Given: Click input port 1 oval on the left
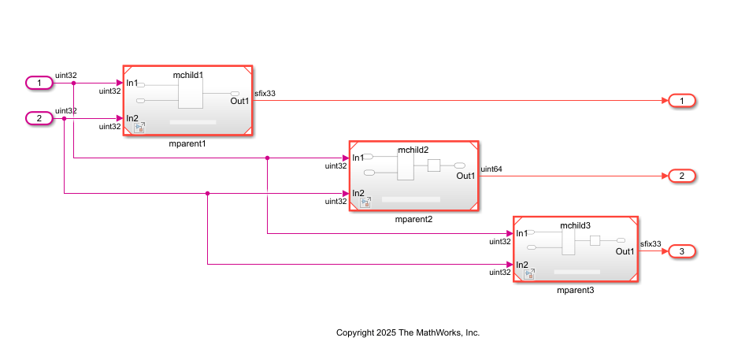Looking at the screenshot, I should [39, 83].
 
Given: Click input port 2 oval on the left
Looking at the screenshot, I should [39, 118].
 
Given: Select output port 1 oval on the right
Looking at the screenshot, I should [681, 101].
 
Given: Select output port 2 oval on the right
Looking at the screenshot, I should [681, 176].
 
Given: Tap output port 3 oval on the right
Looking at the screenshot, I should [681, 251].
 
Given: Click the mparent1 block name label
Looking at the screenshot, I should [187, 145].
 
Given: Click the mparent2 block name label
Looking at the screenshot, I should [413, 219].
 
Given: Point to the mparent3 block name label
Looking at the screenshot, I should [575, 291].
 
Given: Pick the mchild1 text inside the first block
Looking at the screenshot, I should [188, 75].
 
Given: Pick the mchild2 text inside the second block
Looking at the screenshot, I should [413, 149].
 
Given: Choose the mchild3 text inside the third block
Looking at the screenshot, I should [575, 225].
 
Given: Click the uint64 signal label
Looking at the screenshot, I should [491, 169].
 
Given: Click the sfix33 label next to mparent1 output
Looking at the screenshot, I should [265, 94].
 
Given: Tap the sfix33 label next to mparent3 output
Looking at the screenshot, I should [651, 244].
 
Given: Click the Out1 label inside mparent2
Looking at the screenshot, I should [465, 176].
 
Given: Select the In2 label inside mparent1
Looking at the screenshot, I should [132, 119].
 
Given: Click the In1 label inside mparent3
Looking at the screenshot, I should [521, 233].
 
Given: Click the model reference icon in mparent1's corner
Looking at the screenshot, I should [139, 128].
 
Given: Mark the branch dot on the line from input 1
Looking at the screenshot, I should [73, 83].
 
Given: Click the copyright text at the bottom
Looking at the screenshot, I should [407, 332].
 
